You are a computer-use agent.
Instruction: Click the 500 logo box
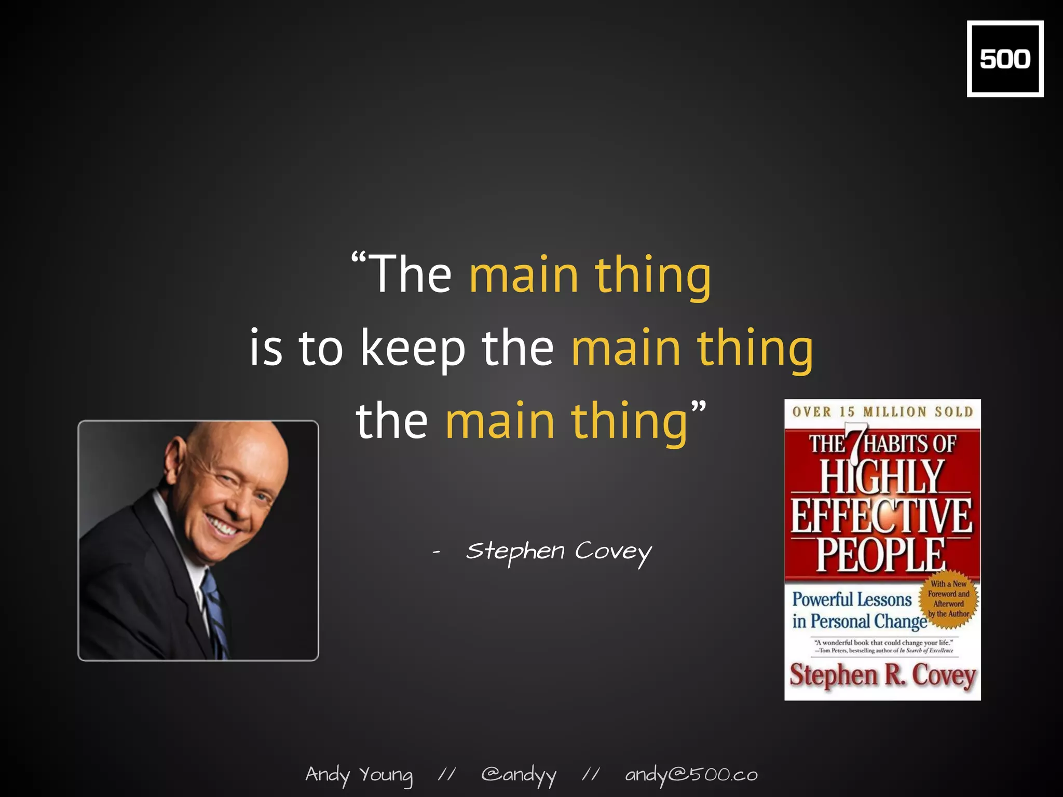click(1005, 59)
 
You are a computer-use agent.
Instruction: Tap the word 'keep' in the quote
click(413, 348)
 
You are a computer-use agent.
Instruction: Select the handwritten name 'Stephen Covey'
click(559, 553)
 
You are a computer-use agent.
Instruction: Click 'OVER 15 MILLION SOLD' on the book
click(882, 412)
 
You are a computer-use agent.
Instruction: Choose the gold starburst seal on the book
click(948, 599)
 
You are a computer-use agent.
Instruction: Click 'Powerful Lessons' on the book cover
click(852, 600)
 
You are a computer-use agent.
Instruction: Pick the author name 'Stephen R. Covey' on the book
click(882, 676)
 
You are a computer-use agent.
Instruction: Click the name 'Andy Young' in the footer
click(359, 775)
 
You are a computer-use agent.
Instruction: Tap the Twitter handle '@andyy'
click(519, 776)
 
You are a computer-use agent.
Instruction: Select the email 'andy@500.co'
click(691, 775)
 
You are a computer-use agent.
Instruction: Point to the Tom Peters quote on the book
click(883, 647)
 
